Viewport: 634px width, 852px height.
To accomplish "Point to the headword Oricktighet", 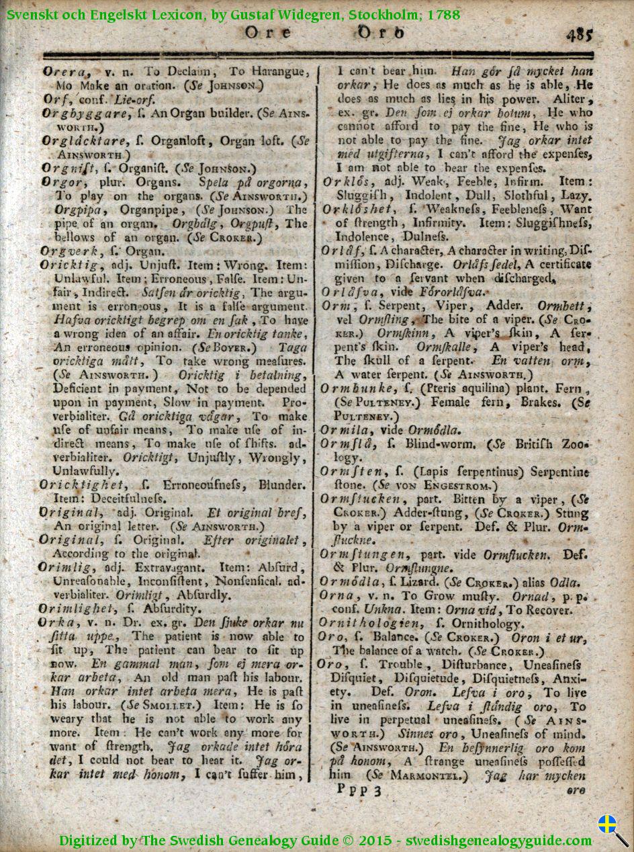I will (82, 484).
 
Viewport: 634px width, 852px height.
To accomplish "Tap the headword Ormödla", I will (349, 582).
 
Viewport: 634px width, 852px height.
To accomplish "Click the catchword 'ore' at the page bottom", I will (575, 791).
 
